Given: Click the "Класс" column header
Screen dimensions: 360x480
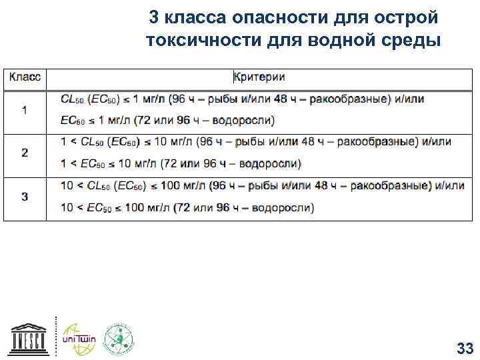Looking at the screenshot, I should (25, 77).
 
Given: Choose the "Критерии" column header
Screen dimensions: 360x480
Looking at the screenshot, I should (259, 77).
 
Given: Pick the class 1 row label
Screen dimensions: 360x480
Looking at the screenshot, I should (25, 110).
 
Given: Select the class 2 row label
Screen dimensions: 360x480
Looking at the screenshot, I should (25, 153).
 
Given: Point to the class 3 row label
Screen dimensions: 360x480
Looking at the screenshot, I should (25, 196).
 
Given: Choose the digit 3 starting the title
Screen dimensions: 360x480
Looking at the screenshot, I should (153, 16).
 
